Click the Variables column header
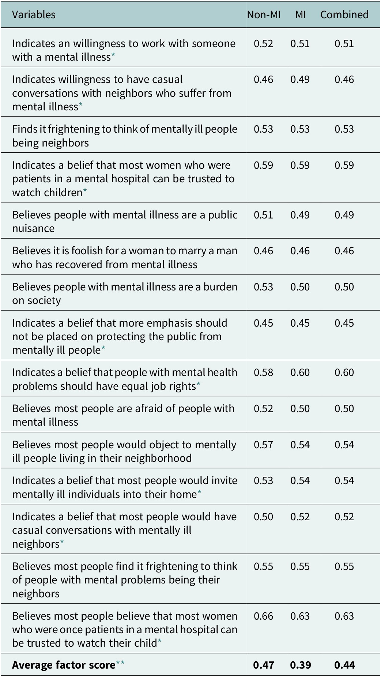pos(34,15)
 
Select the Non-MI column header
pos(264,15)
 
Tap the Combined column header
pos(344,15)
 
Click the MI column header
pos(300,15)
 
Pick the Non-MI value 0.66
pos(264,616)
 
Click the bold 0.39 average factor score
pos(300,665)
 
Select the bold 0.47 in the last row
pos(264,665)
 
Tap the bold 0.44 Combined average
pos(344,665)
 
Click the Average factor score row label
pos(64,665)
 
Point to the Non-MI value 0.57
pos(264,445)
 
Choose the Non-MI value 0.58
pos(264,372)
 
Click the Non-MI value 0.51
pos(264,215)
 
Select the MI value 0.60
pos(300,372)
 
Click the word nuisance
pos(33,229)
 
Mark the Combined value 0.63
pos(344,616)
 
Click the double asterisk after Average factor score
pos(120,663)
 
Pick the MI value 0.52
pos(300,517)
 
